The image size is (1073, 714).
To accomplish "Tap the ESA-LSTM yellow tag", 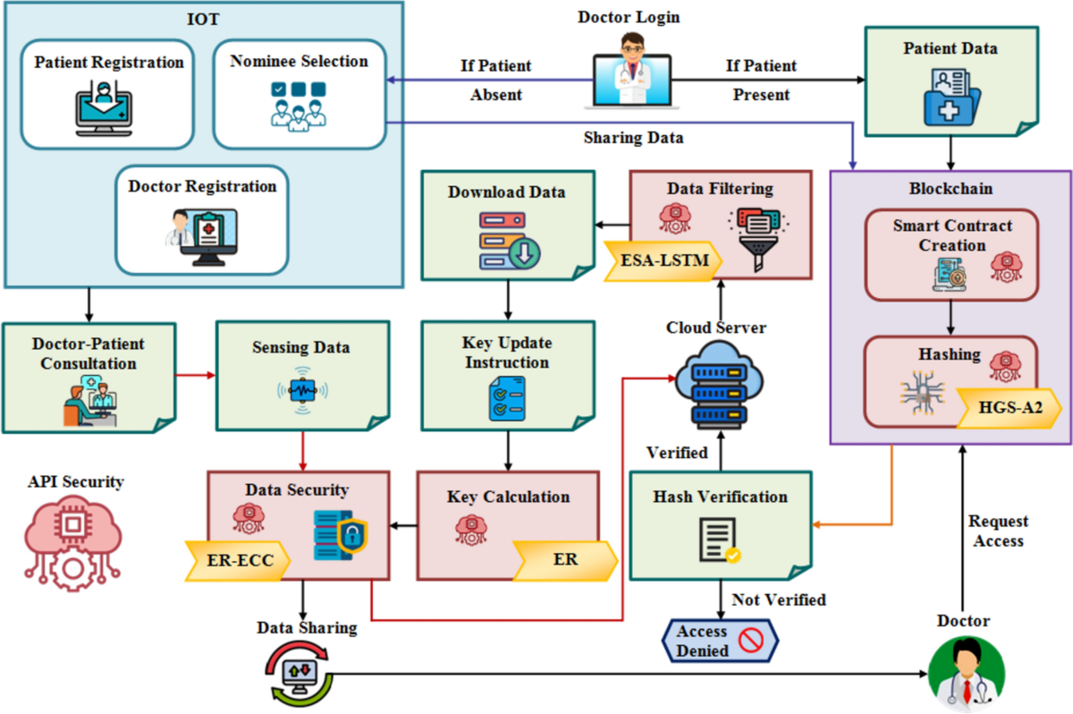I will [660, 260].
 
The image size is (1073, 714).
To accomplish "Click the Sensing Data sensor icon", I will [301, 390].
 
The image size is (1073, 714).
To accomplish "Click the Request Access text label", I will [998, 531].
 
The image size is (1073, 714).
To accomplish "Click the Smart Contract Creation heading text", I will [951, 235].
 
